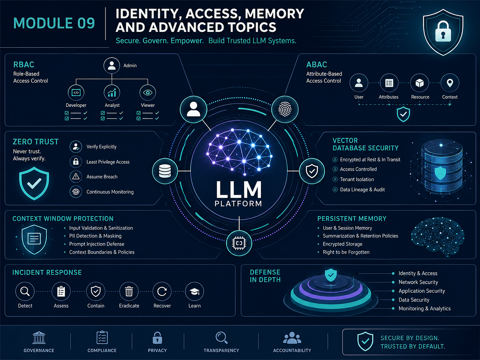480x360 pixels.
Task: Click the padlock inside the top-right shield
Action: tap(443, 31)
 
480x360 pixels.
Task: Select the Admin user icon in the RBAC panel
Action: tap(112, 65)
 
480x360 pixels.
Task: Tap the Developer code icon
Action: tap(76, 93)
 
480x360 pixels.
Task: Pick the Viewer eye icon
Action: tap(148, 93)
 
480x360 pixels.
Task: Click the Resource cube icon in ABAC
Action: tap(419, 83)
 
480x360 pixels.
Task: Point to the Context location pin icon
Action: tap(450, 83)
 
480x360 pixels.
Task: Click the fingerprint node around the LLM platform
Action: tap(285, 109)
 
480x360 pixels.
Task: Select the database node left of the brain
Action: tap(165, 171)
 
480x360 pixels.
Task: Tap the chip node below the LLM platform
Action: tap(239, 243)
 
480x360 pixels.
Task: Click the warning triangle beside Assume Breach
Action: tap(76, 176)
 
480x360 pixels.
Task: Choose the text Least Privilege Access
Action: tap(108, 162)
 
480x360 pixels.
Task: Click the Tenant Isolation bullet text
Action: tap(357, 179)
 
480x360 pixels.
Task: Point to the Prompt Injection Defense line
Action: tap(97, 244)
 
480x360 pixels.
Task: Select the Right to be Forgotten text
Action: tap(346, 252)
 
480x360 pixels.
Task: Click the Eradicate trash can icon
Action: tap(129, 291)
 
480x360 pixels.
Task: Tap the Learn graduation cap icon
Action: tap(194, 291)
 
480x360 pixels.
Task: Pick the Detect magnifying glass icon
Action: tap(25, 291)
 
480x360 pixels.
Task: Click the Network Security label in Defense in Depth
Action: tap(418, 282)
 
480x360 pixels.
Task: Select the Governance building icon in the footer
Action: tap(39, 338)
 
